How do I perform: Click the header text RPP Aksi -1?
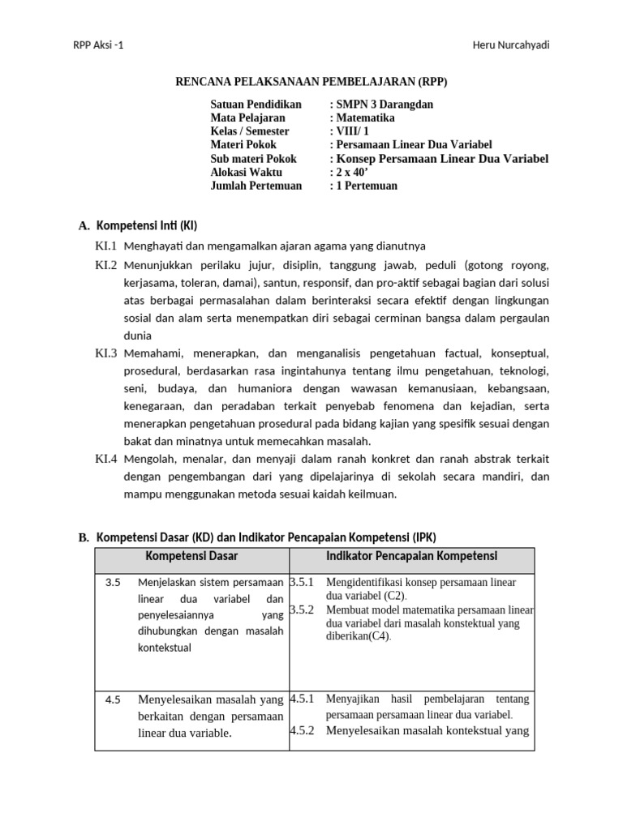pos(98,45)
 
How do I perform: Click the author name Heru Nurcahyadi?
pos(511,45)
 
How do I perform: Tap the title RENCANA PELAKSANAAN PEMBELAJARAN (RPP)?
pos(311,82)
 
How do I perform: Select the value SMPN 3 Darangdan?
pos(381,105)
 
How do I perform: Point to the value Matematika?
pos(365,118)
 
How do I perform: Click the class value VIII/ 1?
pos(350,131)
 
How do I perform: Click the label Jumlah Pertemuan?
pos(256,186)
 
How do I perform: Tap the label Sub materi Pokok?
pos(253,159)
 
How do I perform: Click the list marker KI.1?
pos(106,246)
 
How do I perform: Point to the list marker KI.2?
pos(106,265)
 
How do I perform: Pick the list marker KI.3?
pos(106,353)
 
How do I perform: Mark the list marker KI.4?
pos(106,459)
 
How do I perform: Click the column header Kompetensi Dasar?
pos(191,556)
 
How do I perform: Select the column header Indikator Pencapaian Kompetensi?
pos(411,556)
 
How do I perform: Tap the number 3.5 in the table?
pos(113,582)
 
